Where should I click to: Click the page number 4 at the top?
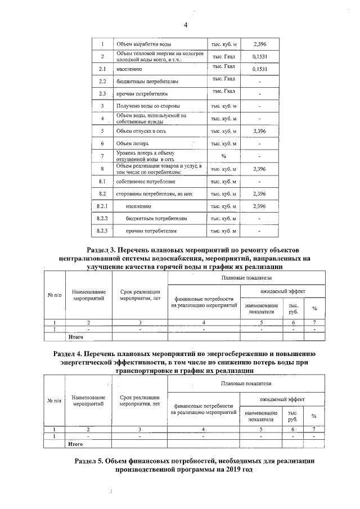(185, 25)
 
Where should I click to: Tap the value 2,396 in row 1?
(259, 44)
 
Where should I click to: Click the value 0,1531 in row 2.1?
(259, 69)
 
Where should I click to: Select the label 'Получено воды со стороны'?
(148, 106)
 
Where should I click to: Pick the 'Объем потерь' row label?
(133, 144)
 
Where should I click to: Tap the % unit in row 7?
(223, 156)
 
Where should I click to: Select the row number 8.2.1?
(102, 206)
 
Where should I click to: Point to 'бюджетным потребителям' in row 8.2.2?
(156, 219)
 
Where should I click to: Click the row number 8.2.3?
(102, 231)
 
